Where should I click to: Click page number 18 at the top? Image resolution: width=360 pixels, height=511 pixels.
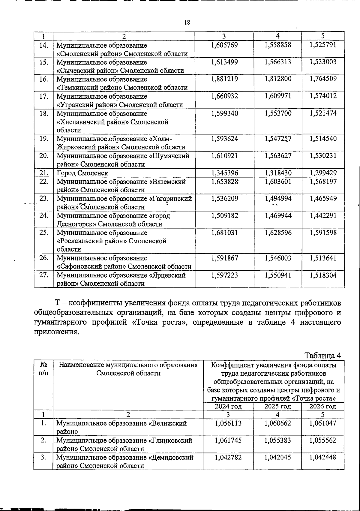click(x=187, y=23)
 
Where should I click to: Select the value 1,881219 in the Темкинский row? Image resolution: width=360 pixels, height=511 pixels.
click(x=224, y=79)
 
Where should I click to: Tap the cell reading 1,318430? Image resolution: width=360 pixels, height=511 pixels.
click(x=278, y=173)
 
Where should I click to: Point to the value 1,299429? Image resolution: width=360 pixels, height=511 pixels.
click(x=323, y=173)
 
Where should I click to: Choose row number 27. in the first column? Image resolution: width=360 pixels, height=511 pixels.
click(x=44, y=275)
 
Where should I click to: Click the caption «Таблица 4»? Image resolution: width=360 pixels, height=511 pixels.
click(x=323, y=356)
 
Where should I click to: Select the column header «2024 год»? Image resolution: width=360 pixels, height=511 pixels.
click(x=228, y=407)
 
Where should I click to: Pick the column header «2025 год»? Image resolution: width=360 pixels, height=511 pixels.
click(x=277, y=407)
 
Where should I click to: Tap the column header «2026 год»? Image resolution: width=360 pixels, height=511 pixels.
click(x=322, y=407)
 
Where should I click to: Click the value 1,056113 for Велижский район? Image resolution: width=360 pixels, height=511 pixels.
click(x=228, y=423)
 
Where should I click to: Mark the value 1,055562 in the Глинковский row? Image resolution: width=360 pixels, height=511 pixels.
click(x=323, y=440)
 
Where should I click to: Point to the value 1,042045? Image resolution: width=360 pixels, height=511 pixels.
click(x=278, y=458)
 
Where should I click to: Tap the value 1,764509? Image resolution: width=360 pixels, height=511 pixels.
click(x=323, y=79)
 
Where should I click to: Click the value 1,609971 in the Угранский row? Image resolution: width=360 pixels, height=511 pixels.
click(x=278, y=96)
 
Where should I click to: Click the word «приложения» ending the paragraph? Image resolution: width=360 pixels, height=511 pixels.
click(x=55, y=332)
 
